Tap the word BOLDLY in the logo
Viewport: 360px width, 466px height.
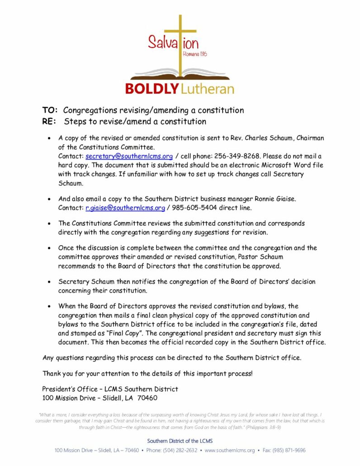(152, 89)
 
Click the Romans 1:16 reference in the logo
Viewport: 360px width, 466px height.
(195, 54)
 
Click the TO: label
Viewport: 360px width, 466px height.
(50, 110)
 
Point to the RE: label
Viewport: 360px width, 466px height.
(49, 121)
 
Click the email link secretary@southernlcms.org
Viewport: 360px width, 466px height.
(129, 156)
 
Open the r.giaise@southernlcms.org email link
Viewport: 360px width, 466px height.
(125, 208)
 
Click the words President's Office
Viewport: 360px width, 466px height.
(70, 389)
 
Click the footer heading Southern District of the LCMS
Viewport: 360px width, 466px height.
(180, 441)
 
